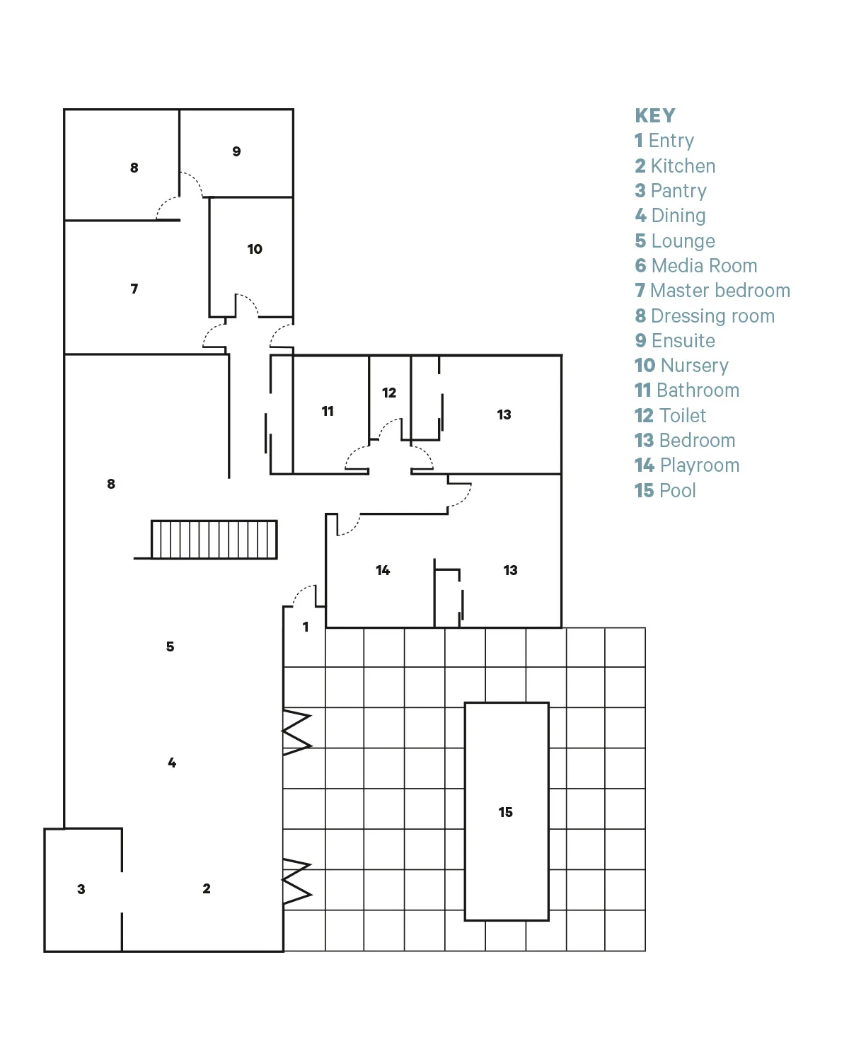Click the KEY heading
point(654,115)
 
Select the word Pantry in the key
point(678,191)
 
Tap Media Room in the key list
point(704,266)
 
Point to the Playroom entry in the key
point(700,465)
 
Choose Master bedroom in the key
point(720,291)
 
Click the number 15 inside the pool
point(505,812)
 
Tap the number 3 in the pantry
point(81,889)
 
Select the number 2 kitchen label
point(207,888)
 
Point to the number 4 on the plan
point(172,763)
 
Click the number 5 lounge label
point(171,647)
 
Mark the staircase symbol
point(214,540)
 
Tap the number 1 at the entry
point(306,627)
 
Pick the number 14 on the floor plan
point(383,570)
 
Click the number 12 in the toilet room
point(389,393)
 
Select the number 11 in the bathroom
point(328,411)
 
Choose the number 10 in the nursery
point(255,249)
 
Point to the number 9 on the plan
point(237,151)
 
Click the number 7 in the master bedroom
point(134,289)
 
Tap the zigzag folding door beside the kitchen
point(296,881)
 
